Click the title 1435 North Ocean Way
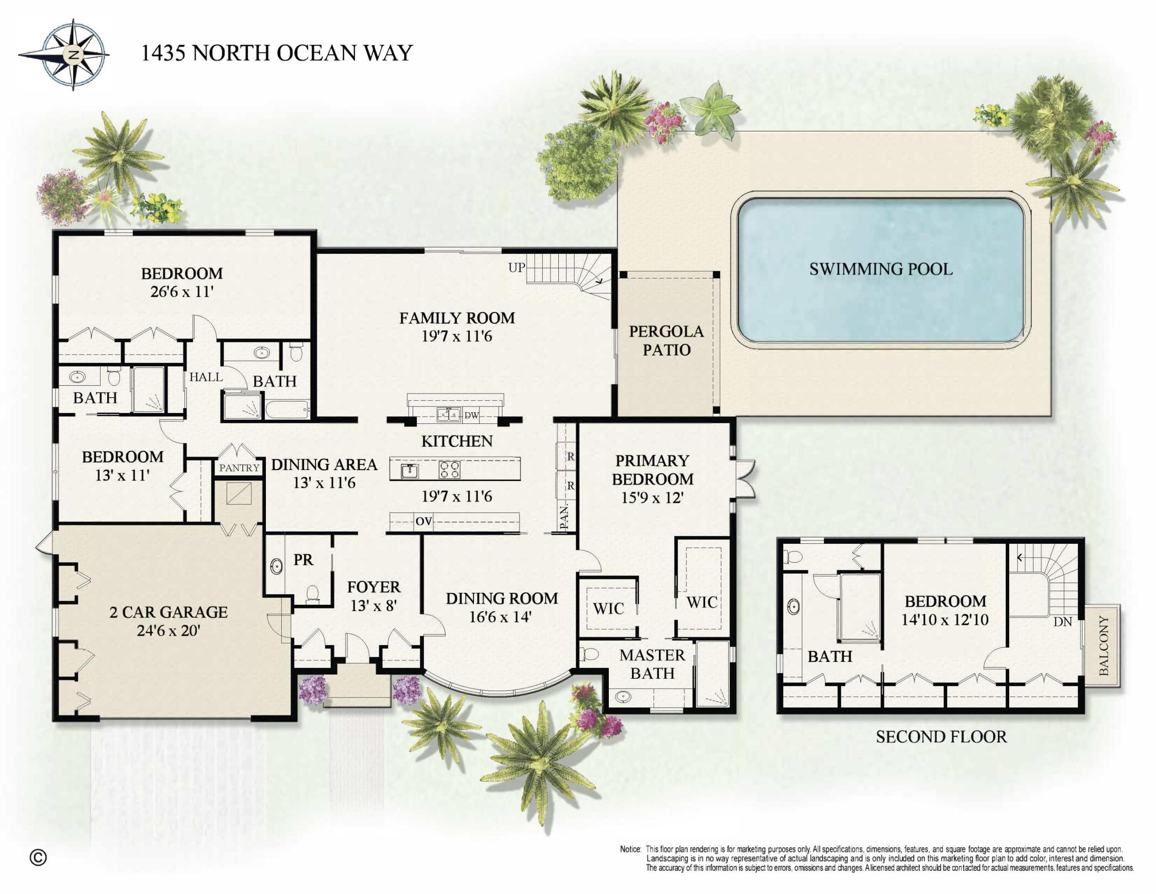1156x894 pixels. pos(276,53)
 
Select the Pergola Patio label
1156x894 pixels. pos(666,341)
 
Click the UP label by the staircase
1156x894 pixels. pos(516,267)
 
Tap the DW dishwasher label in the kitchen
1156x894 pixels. pos(471,415)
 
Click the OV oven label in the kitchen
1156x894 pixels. pos(424,521)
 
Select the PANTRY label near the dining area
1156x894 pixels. pos(239,468)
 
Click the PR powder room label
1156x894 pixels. pos(303,560)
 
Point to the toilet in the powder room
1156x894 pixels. pos(313,594)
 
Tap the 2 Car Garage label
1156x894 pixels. pos(168,612)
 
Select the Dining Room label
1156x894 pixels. pos(501,598)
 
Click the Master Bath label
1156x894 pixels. pos(652,664)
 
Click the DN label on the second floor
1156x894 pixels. pos(1062,622)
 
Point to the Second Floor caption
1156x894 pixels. pos(941,737)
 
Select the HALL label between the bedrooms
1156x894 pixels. pos(206,377)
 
